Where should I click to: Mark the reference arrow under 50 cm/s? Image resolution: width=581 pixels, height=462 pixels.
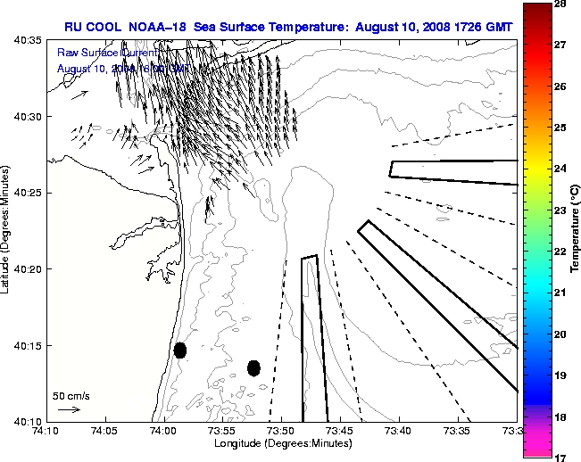(69, 409)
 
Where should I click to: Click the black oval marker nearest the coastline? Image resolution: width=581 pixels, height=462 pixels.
(180, 350)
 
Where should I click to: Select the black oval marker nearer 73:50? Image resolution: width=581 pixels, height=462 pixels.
(253, 367)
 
